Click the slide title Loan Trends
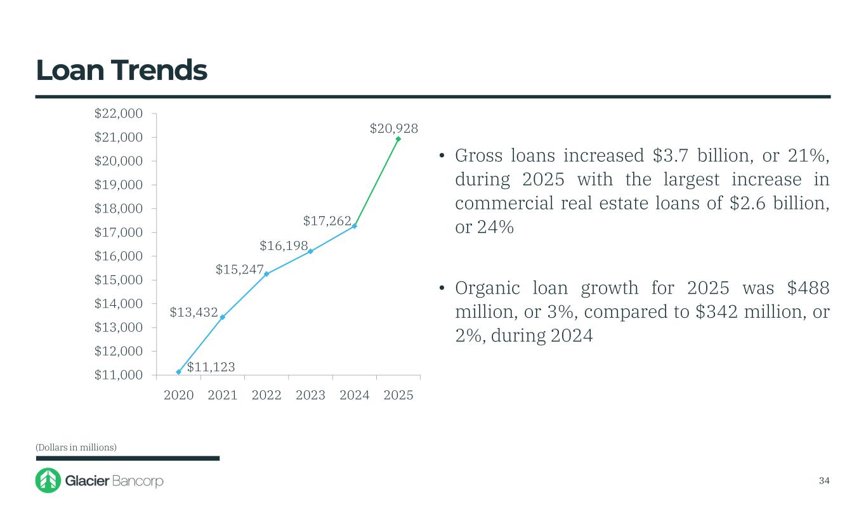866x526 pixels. (121, 71)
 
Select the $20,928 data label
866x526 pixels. (394, 129)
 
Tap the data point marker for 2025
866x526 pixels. (398, 139)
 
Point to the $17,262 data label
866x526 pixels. (327, 221)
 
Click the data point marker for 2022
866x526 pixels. (266, 274)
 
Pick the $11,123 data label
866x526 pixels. (211, 367)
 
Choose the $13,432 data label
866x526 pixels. (194, 312)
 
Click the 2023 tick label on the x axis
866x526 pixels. (310, 395)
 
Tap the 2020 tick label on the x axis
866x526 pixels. (178, 395)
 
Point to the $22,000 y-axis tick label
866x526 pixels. (118, 114)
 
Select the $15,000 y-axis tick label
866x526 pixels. (118, 280)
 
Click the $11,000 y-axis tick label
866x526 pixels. (118, 375)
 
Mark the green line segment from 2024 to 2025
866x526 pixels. (376, 182)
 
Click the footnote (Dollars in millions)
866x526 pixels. (76, 447)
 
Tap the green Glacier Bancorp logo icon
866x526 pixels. (48, 480)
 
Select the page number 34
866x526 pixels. (824, 480)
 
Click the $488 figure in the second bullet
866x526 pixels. (808, 288)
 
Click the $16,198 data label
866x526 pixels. (284, 246)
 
